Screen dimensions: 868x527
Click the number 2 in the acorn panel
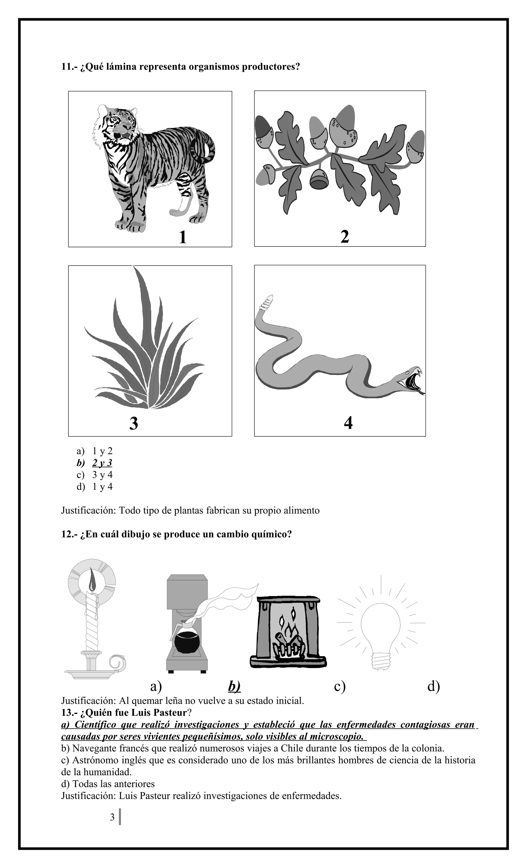pyautogui.click(x=345, y=236)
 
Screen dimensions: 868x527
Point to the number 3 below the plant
pyautogui.click(x=134, y=423)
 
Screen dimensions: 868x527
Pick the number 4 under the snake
pyautogui.click(x=348, y=423)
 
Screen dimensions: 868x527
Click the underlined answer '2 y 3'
pyautogui.click(x=102, y=463)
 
